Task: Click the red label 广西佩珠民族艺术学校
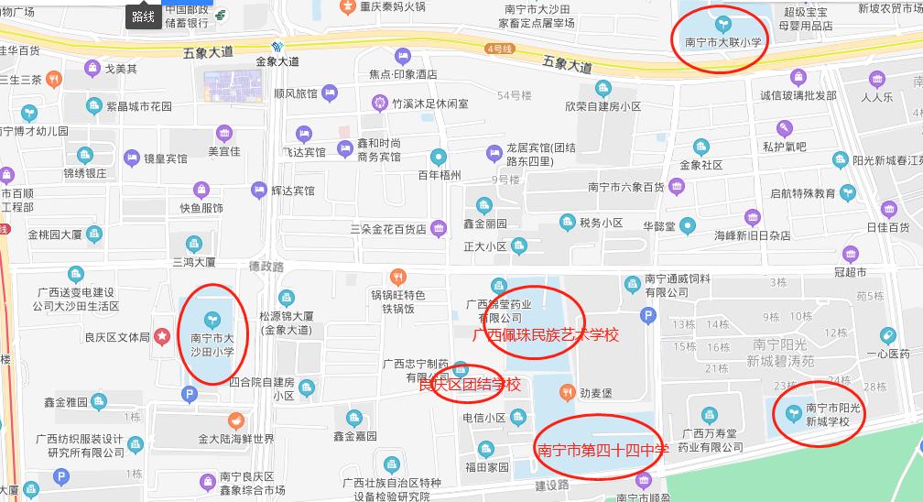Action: click(545, 335)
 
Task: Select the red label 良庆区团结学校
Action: click(469, 385)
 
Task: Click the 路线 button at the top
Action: click(143, 16)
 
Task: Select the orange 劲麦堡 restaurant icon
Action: click(567, 394)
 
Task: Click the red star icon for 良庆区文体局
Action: click(162, 337)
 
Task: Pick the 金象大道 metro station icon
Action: click(277, 47)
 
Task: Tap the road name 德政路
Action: click(266, 267)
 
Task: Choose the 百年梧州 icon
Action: click(440, 157)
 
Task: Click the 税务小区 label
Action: click(601, 223)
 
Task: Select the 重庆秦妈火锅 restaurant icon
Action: click(347, 6)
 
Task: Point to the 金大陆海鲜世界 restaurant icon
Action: click(237, 420)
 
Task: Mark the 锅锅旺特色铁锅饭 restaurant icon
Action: click(397, 274)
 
